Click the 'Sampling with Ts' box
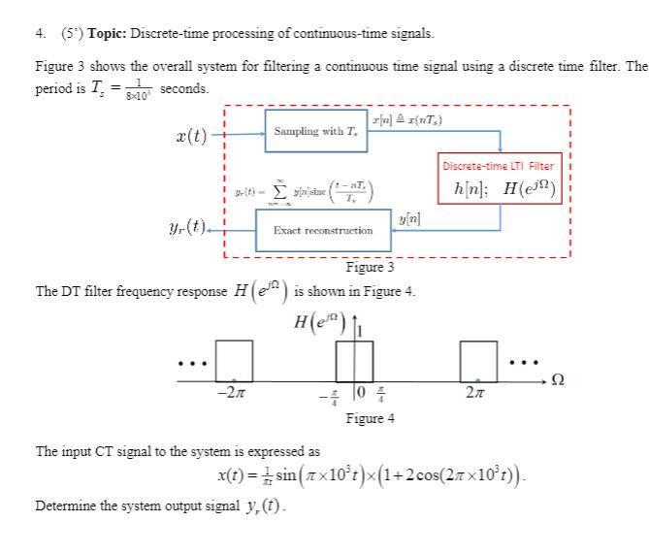coord(317,131)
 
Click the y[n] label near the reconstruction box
coord(408,223)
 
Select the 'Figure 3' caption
coord(370,268)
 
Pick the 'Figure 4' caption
coord(370,418)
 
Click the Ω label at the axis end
coord(557,378)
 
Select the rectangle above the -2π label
coord(234,359)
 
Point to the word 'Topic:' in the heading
coord(108,33)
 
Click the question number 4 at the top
coord(39,33)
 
